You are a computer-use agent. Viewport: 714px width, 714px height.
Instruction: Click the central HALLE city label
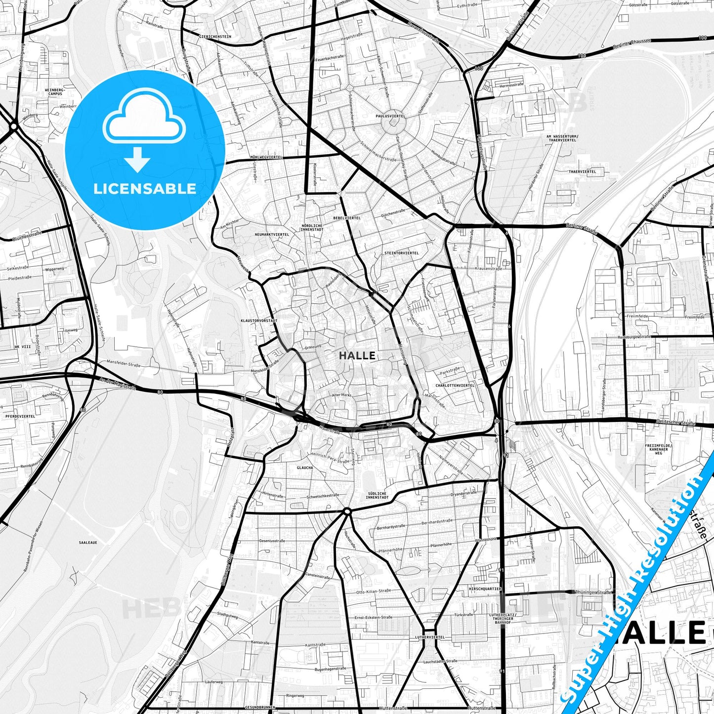357,355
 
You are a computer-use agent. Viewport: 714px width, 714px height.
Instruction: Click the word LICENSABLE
145,188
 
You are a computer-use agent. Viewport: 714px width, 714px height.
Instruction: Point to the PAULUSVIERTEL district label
390,116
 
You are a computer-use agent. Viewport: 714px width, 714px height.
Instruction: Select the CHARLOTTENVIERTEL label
455,385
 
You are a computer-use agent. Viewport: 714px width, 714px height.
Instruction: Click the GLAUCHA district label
304,467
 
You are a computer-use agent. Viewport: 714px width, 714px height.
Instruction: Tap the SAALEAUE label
88,543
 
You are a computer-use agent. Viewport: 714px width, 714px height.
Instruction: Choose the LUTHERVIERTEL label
430,637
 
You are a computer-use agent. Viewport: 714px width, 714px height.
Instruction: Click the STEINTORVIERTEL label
401,253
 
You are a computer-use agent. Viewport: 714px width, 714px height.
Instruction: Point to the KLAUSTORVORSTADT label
258,321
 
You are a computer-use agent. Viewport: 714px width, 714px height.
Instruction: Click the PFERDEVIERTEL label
20,417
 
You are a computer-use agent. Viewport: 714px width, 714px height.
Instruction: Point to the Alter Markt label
341,395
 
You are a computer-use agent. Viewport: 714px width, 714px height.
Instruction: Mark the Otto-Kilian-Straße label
374,591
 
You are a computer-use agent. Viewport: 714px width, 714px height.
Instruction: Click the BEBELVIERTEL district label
347,217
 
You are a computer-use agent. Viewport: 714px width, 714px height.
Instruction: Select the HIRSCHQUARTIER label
485,589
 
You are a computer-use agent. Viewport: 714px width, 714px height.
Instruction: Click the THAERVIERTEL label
582,171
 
